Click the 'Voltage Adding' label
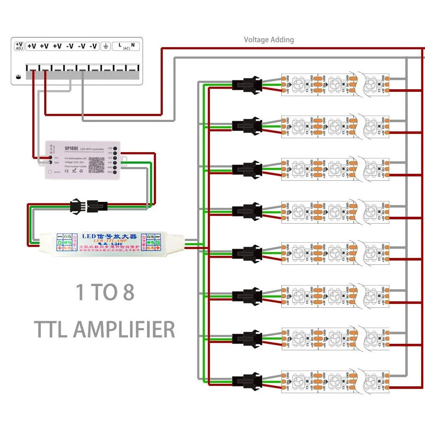(x=269, y=40)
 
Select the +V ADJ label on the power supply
(x=19, y=46)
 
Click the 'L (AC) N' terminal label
(x=126, y=46)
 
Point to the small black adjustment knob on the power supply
(x=18, y=77)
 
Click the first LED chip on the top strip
(x=298, y=83)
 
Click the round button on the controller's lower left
(x=51, y=172)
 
